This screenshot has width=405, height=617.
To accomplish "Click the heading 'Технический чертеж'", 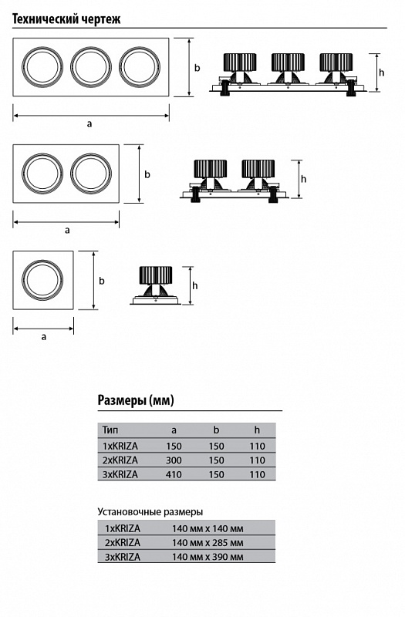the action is (66, 19).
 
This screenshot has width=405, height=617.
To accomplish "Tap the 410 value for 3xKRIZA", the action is (174, 474).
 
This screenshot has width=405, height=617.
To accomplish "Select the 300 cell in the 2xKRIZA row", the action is (174, 460).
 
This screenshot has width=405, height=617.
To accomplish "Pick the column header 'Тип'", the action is (110, 430).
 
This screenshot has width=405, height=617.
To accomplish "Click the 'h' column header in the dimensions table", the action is (257, 430).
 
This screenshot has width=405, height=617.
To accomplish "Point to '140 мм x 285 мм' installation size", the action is (208, 543).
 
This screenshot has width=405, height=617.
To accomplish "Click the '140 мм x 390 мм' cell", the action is (208, 557).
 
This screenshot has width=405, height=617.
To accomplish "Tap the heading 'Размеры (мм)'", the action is (136, 400).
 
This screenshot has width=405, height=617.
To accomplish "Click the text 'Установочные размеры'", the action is (150, 512).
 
